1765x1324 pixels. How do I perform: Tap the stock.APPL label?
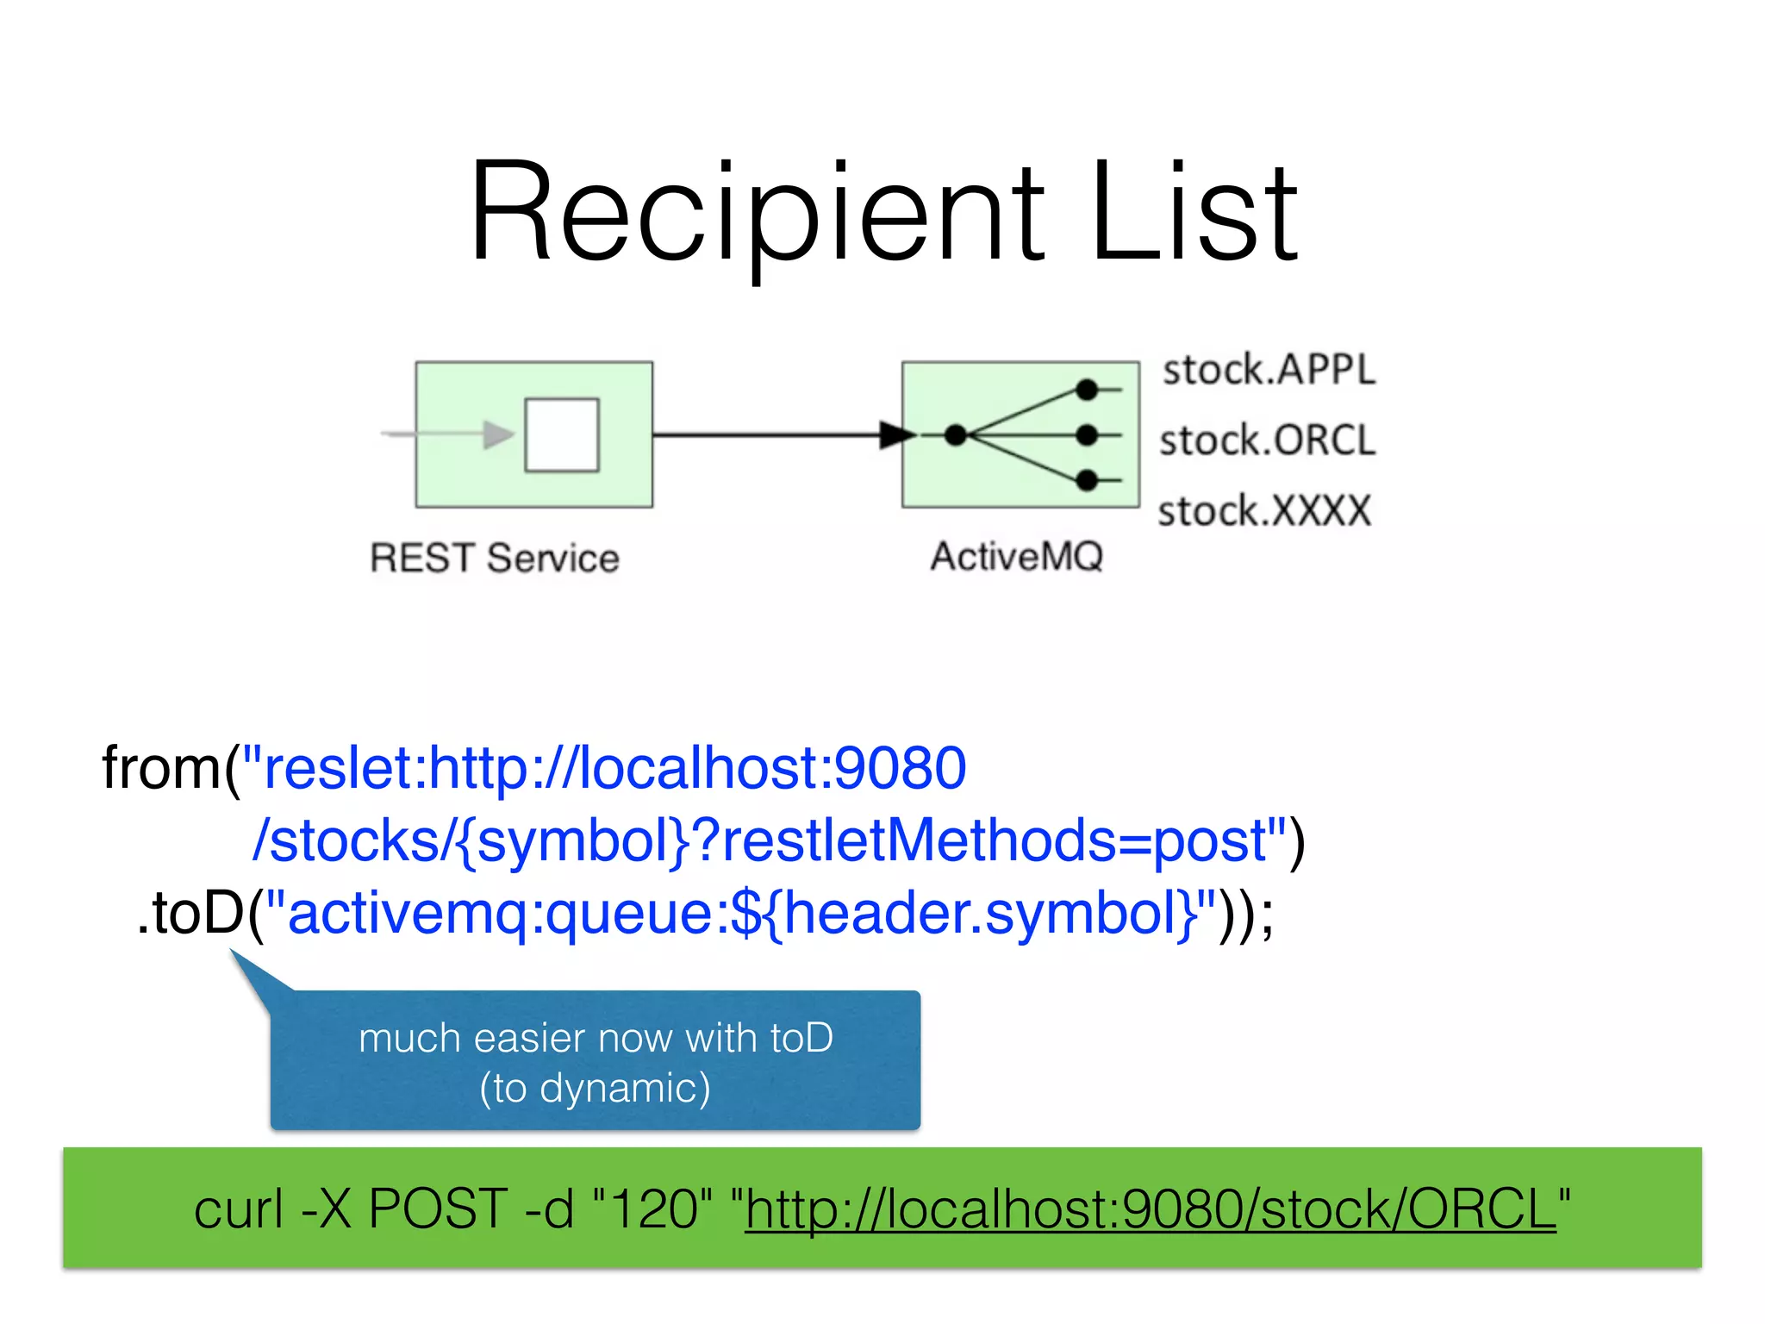click(1269, 370)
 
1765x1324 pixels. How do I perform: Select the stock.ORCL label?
click(1267, 440)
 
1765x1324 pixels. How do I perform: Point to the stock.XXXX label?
click(1263, 510)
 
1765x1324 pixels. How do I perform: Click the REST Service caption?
click(495, 558)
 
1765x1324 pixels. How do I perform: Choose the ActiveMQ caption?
click(1017, 556)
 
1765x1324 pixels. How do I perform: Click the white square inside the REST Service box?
click(562, 434)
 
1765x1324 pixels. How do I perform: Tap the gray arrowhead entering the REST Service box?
click(497, 434)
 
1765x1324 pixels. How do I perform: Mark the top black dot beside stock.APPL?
click(1088, 390)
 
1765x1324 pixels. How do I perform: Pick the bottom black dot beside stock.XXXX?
click(1088, 479)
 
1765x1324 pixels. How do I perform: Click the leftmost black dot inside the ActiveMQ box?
click(956, 434)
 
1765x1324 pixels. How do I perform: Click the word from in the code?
click(161, 767)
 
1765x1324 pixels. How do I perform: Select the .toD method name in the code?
click(191, 913)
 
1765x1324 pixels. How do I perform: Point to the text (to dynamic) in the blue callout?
click(595, 1088)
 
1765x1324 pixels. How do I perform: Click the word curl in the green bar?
click(238, 1208)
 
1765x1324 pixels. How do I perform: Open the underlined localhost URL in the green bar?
click(1151, 1208)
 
